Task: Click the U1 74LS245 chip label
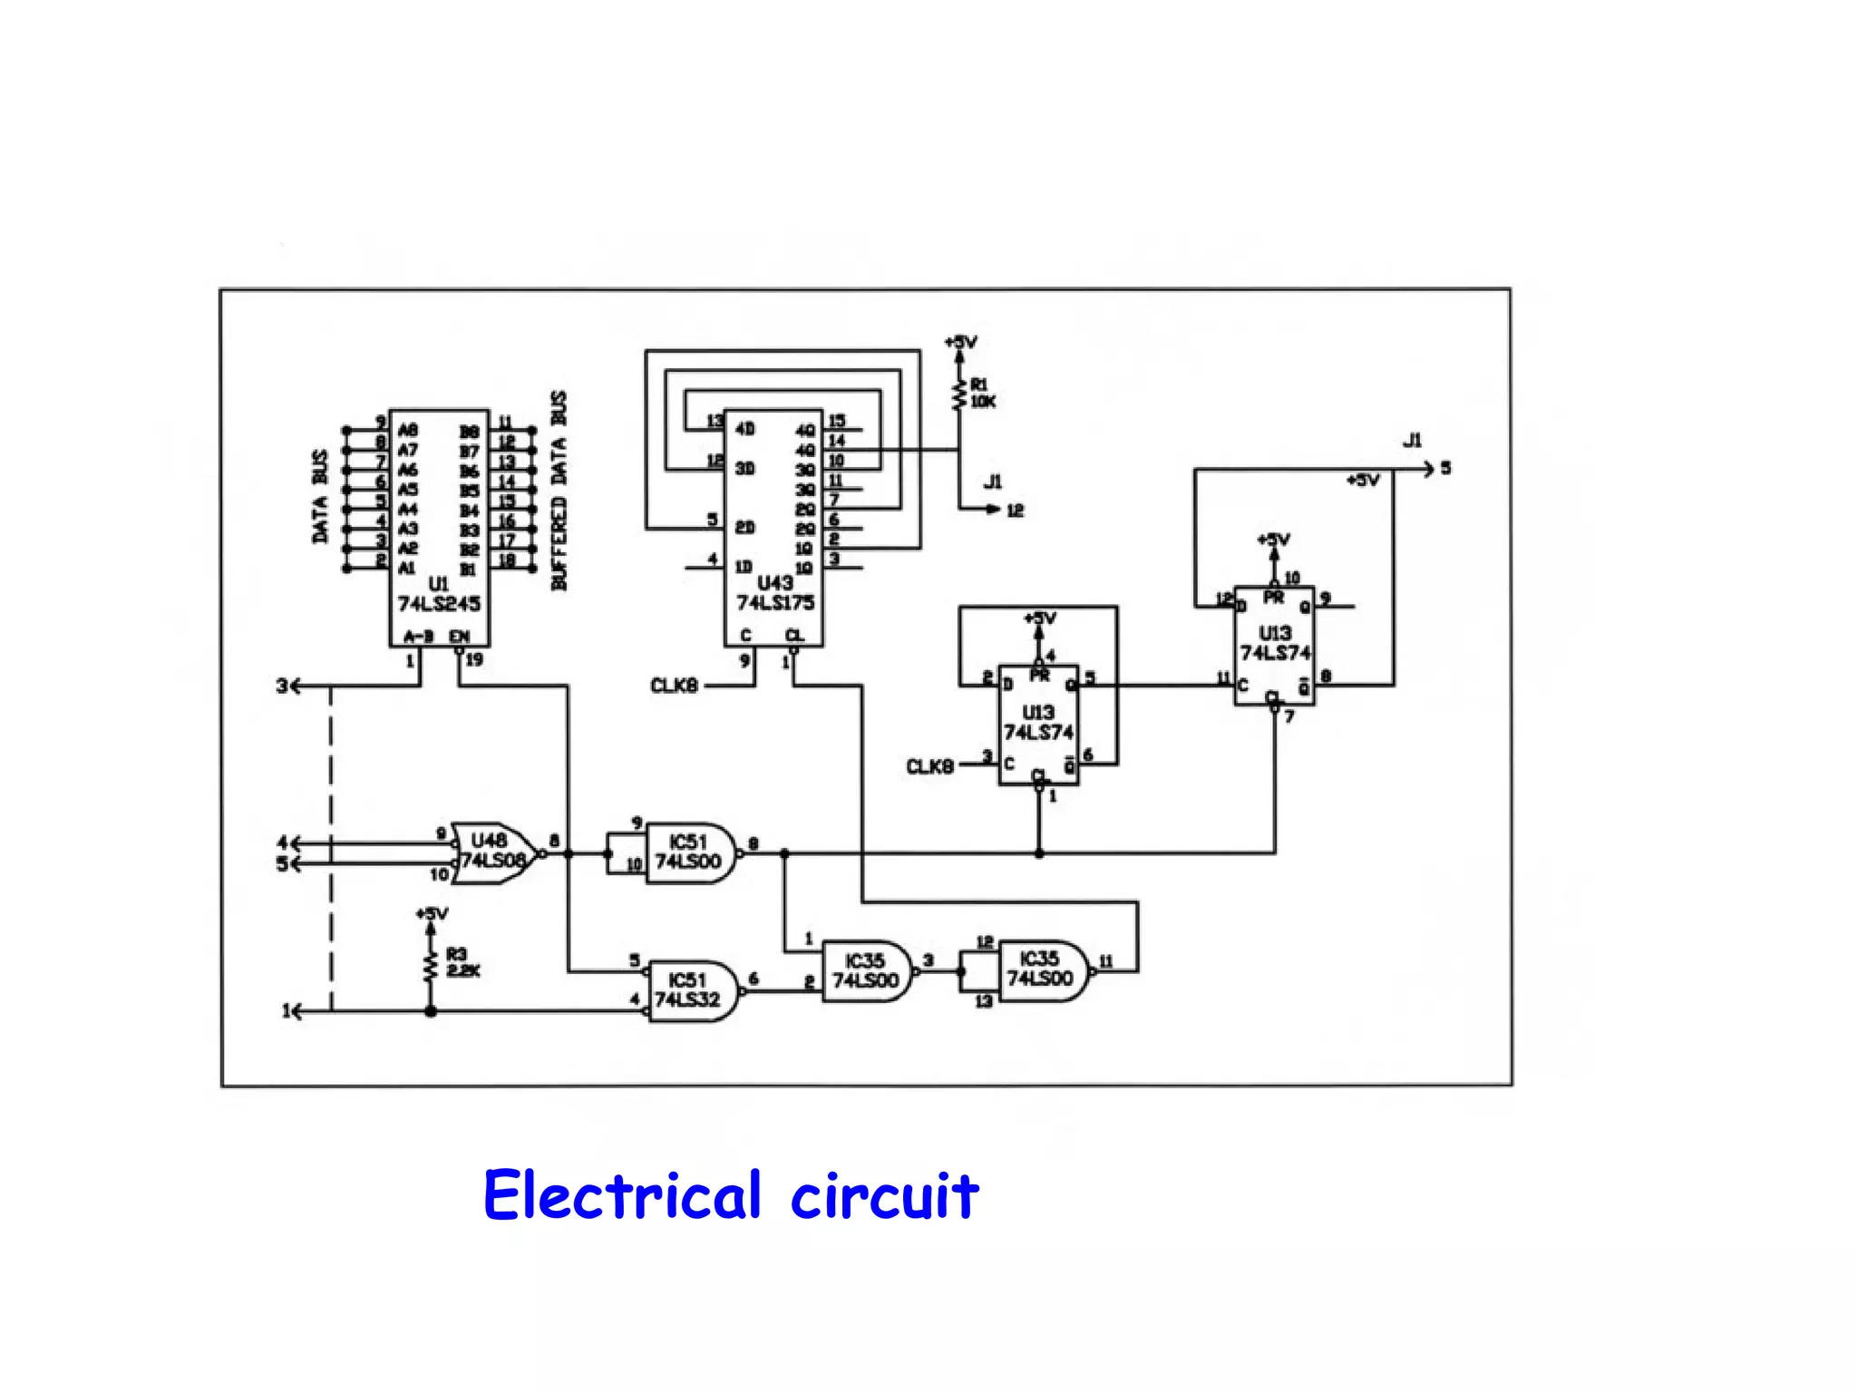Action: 439,594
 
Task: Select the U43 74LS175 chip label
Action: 775,593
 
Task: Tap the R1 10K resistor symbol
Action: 958,394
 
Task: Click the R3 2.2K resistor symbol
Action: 431,966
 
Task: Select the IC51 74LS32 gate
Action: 691,990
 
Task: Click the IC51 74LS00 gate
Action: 689,852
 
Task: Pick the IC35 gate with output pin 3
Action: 866,970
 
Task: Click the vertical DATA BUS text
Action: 319,496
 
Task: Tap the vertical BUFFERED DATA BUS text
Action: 559,491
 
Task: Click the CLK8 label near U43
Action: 674,686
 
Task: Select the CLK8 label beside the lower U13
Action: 929,766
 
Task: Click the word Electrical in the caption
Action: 621,1195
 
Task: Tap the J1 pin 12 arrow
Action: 993,510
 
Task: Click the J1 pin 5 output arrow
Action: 1428,468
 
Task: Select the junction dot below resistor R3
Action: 431,1010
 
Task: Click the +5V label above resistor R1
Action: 960,343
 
